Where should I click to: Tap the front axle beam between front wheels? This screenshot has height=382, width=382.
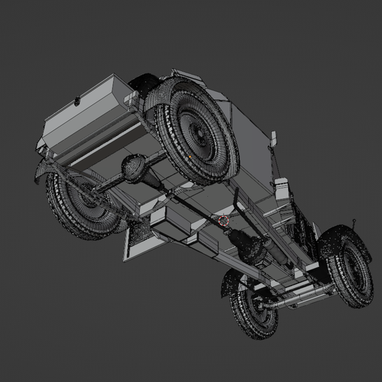pos(296,300)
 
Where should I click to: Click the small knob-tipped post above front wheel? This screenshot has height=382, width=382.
pos(358,221)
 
